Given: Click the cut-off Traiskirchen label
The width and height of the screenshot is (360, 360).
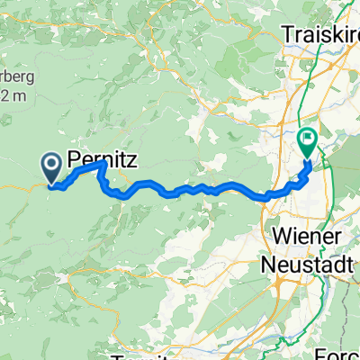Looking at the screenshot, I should (320, 33).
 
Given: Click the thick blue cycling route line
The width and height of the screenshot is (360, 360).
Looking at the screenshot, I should (180, 190).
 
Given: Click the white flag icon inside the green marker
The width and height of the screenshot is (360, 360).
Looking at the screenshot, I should (307, 139).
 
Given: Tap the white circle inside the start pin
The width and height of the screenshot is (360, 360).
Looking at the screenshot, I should (51, 162).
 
